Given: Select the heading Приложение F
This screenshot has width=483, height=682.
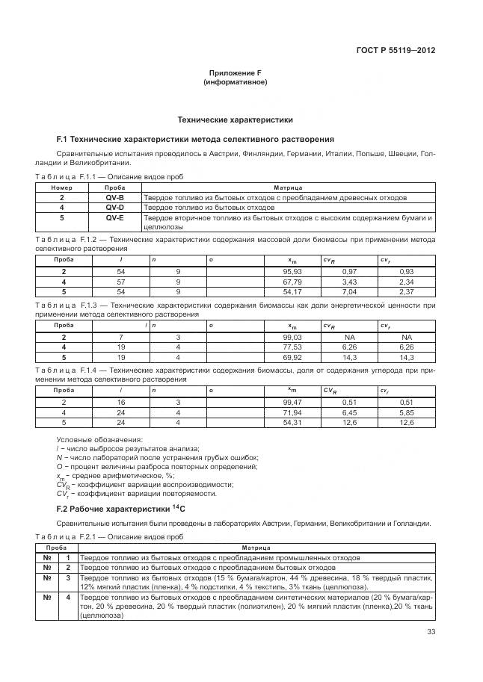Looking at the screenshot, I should tap(235, 73).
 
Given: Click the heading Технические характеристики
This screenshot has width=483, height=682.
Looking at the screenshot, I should tap(235, 120).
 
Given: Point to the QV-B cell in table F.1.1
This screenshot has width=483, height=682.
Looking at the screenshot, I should tap(114, 198).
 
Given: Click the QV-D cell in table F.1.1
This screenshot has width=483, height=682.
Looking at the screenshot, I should tap(114, 207).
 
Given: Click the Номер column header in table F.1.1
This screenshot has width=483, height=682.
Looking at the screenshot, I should tap(61, 188).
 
